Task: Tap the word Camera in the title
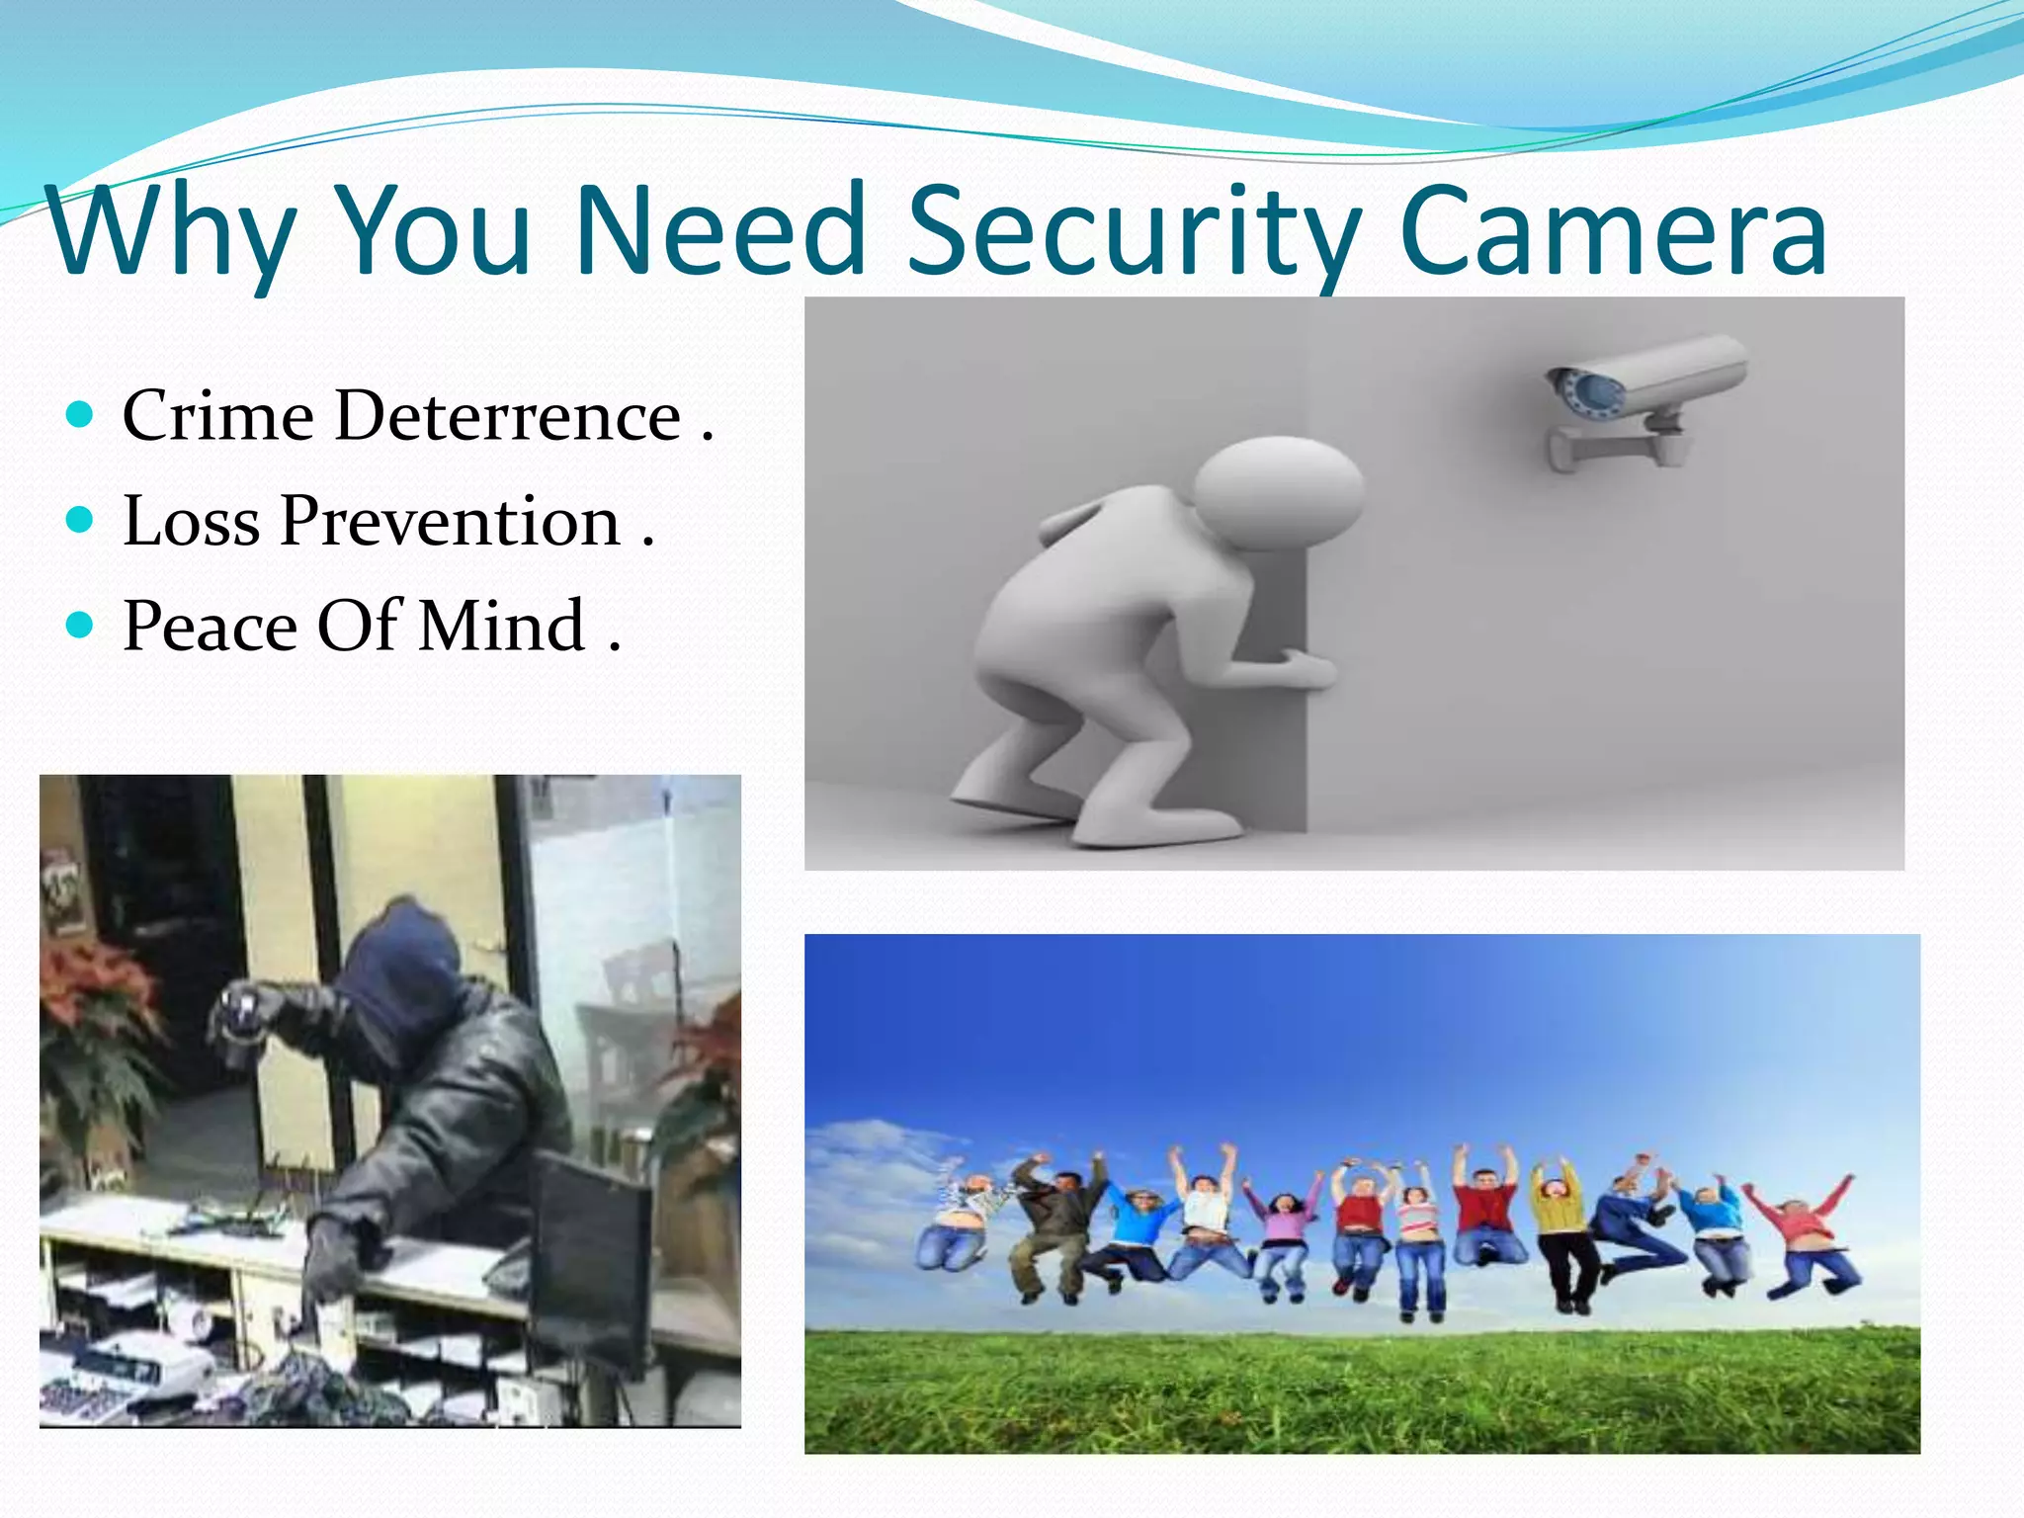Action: click(x=1613, y=231)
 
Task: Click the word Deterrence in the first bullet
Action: click(x=508, y=415)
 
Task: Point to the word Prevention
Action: click(x=450, y=521)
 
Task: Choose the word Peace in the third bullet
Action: click(x=210, y=627)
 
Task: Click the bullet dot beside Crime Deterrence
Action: click(x=80, y=413)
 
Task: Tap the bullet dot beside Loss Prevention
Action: click(x=80, y=519)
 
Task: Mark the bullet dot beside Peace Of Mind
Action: click(x=80, y=625)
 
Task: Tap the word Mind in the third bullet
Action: click(x=502, y=627)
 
